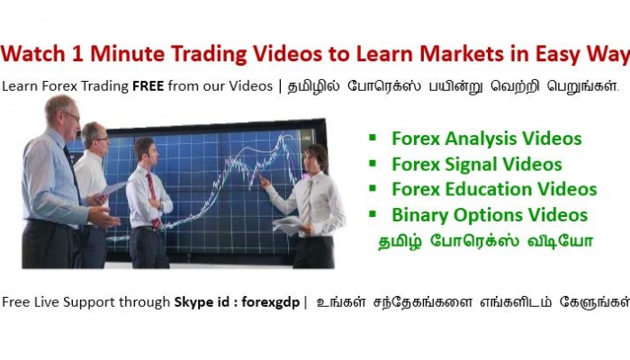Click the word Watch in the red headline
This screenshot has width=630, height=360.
coord(33,53)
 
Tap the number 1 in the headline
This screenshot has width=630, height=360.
coord(77,53)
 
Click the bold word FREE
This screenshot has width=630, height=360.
coord(148,86)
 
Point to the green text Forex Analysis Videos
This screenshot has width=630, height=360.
coord(487,139)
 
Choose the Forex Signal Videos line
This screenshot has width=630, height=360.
coord(476,165)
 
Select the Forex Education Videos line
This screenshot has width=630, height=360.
coord(494,189)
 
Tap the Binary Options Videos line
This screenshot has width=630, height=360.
coord(490,215)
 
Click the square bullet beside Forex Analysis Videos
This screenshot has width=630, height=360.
coord(373,138)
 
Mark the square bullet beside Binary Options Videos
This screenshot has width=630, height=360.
coord(373,214)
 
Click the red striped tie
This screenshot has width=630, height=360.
coord(153,198)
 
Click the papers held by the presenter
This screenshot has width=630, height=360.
coord(287,225)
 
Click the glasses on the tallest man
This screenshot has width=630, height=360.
coord(72,116)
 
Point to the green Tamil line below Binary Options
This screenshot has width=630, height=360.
coord(485,241)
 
